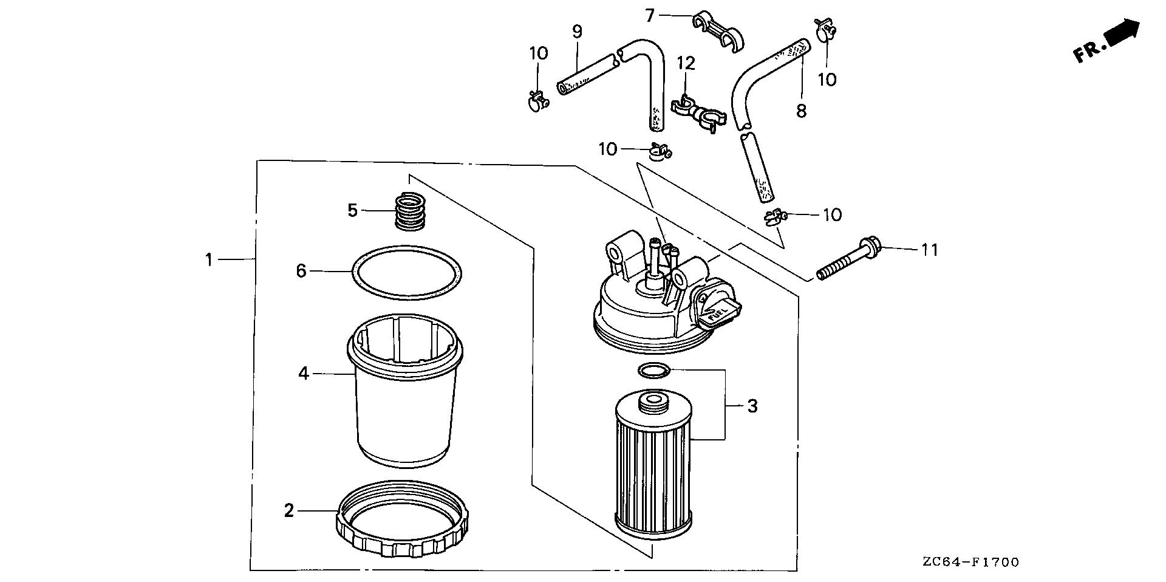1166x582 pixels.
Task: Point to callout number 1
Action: [x=209, y=260]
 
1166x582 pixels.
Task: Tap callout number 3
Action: [x=752, y=406]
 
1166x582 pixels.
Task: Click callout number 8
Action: [x=801, y=111]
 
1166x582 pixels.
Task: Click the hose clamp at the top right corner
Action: [x=823, y=29]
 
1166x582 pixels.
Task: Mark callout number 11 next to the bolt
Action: [x=929, y=250]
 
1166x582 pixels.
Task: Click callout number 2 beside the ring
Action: [x=289, y=510]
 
